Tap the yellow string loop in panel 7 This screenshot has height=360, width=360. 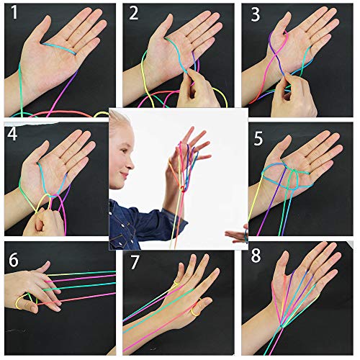[x=197, y=312]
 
